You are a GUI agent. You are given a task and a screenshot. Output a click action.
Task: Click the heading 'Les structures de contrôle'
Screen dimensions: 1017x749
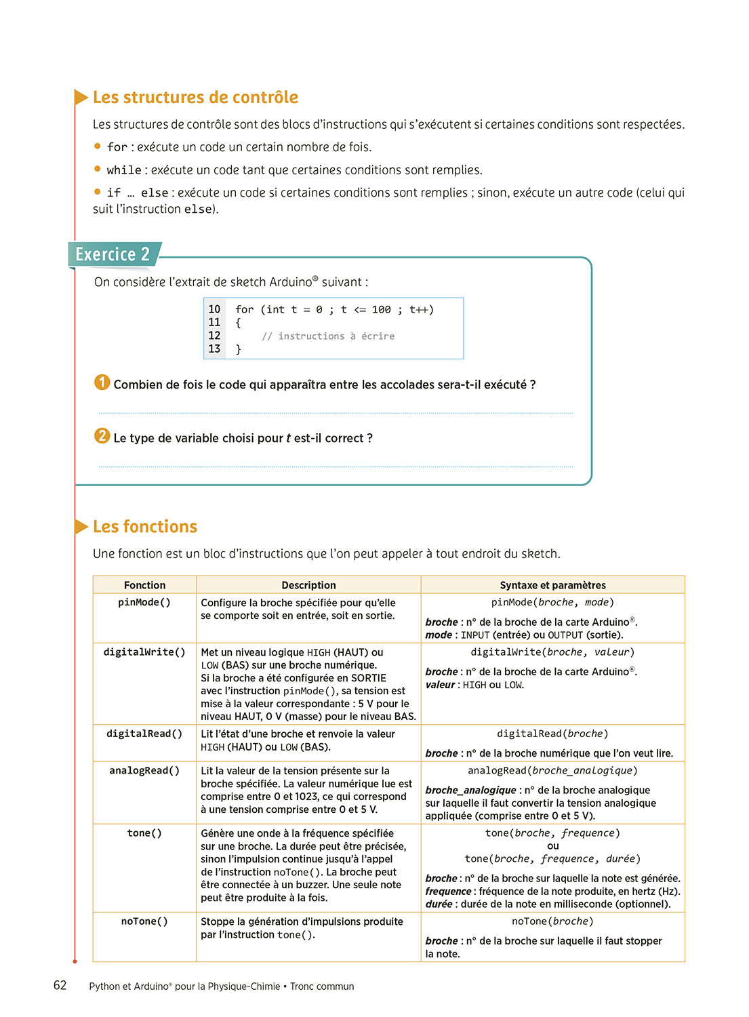point(195,98)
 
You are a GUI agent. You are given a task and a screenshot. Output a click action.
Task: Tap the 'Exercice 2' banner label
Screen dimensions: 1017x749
point(113,254)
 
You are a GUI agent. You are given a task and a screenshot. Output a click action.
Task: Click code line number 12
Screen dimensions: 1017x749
point(214,336)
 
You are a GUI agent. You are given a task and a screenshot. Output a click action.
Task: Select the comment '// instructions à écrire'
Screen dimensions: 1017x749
point(328,336)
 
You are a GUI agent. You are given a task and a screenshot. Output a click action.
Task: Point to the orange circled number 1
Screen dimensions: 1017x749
point(102,382)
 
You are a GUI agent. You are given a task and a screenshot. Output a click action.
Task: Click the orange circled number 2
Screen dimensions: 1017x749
point(102,436)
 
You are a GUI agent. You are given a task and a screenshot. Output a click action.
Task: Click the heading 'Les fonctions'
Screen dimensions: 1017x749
point(145,527)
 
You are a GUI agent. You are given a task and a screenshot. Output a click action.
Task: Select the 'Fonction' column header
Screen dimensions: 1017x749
point(144,585)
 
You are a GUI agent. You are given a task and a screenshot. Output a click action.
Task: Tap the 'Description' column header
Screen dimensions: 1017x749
point(308,585)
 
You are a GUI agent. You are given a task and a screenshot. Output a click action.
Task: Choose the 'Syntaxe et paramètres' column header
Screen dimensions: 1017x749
point(552,585)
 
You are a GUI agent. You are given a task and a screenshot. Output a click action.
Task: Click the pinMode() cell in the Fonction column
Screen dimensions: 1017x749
point(144,603)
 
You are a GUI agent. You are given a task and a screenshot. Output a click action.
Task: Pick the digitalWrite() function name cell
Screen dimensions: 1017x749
point(144,652)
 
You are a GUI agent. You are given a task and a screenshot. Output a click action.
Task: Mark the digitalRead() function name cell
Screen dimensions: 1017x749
point(144,734)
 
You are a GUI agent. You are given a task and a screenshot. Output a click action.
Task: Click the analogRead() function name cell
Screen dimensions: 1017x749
point(144,771)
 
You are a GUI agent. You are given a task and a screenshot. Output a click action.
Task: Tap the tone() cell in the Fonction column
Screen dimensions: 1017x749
point(144,833)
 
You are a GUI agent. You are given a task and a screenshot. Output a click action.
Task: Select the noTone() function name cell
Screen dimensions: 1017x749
point(144,921)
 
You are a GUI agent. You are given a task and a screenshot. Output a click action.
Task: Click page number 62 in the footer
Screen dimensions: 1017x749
point(60,986)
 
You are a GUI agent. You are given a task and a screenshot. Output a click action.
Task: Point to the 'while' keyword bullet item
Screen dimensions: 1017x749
point(124,170)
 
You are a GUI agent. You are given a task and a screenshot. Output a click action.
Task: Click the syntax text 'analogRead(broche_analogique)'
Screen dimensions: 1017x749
point(552,771)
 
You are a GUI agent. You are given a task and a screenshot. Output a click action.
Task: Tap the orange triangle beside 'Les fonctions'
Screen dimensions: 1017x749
point(81,527)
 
